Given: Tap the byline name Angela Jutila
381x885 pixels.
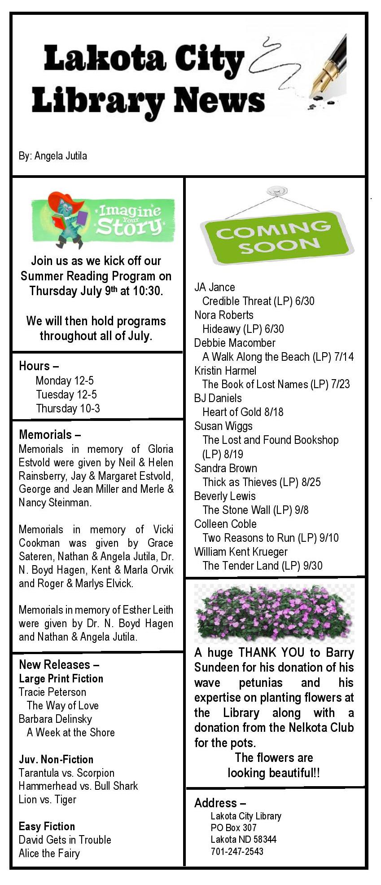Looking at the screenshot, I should pyautogui.click(x=61, y=156).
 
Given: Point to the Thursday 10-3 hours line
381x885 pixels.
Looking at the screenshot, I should pyautogui.click(x=68, y=408).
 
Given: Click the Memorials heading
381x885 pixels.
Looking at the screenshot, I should pyautogui.click(x=49, y=434).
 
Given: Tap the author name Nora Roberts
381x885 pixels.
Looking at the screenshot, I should pyautogui.click(x=223, y=315).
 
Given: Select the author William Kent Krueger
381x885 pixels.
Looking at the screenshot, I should pyautogui.click(x=241, y=552).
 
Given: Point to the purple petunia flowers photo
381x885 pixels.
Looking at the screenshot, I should pyautogui.click(x=274, y=613).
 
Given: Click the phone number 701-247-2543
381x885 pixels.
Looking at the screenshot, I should pyautogui.click(x=237, y=851).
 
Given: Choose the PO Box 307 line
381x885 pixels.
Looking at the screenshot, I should pyautogui.click(x=233, y=827).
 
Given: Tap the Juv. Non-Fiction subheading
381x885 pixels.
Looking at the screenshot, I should pyautogui.click(x=56, y=759).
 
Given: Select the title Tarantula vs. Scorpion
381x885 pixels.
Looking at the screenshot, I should pyautogui.click(x=66, y=773).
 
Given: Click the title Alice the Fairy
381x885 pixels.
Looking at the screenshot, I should pyautogui.click(x=49, y=853).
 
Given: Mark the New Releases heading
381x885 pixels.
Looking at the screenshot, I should pyautogui.click(x=59, y=664).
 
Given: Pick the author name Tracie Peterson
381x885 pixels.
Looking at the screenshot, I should pyautogui.click(x=52, y=692).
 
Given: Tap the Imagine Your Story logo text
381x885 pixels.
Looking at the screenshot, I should pyautogui.click(x=129, y=220).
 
